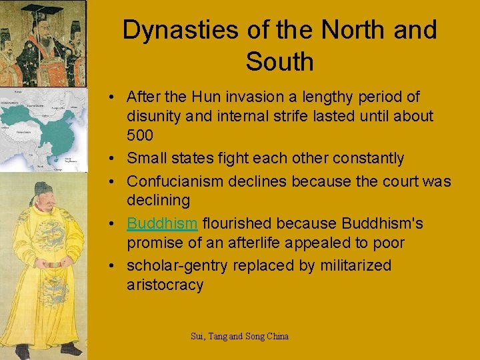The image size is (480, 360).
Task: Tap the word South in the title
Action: (x=279, y=61)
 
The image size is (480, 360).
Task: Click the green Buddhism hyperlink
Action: (x=162, y=223)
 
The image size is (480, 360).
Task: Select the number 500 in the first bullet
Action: (x=140, y=136)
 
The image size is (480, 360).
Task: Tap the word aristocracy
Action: (x=165, y=285)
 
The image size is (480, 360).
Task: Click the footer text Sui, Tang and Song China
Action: (x=239, y=337)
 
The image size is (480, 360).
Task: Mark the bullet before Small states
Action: (x=115, y=159)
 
